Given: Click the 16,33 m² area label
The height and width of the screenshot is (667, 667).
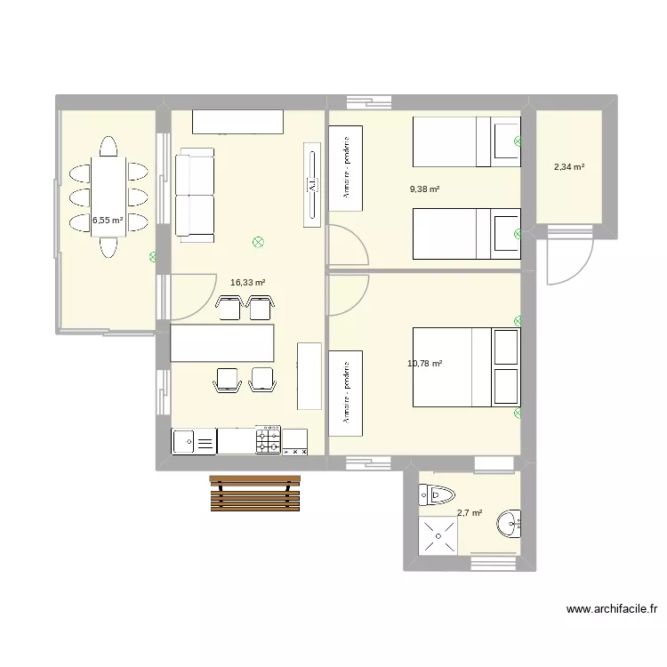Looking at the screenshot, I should (x=248, y=282).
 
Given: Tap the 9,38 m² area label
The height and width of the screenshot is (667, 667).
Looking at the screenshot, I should (x=425, y=189).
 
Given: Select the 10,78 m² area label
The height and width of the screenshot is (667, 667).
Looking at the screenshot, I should (x=425, y=363).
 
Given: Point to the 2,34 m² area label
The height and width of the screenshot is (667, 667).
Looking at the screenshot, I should (x=569, y=166).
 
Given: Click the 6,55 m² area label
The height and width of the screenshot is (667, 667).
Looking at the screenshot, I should (x=108, y=220).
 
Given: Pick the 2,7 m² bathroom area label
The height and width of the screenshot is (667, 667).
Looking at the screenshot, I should (x=470, y=513).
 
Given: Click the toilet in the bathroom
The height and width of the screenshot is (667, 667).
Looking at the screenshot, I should (x=438, y=494).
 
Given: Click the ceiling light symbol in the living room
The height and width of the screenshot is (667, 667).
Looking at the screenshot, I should (x=259, y=241).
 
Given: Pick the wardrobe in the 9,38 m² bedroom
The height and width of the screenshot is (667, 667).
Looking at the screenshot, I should (x=345, y=168).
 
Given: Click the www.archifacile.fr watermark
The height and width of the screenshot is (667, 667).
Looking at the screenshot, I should (x=611, y=610).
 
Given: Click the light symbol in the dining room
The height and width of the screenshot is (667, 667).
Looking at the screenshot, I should (x=153, y=257).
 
